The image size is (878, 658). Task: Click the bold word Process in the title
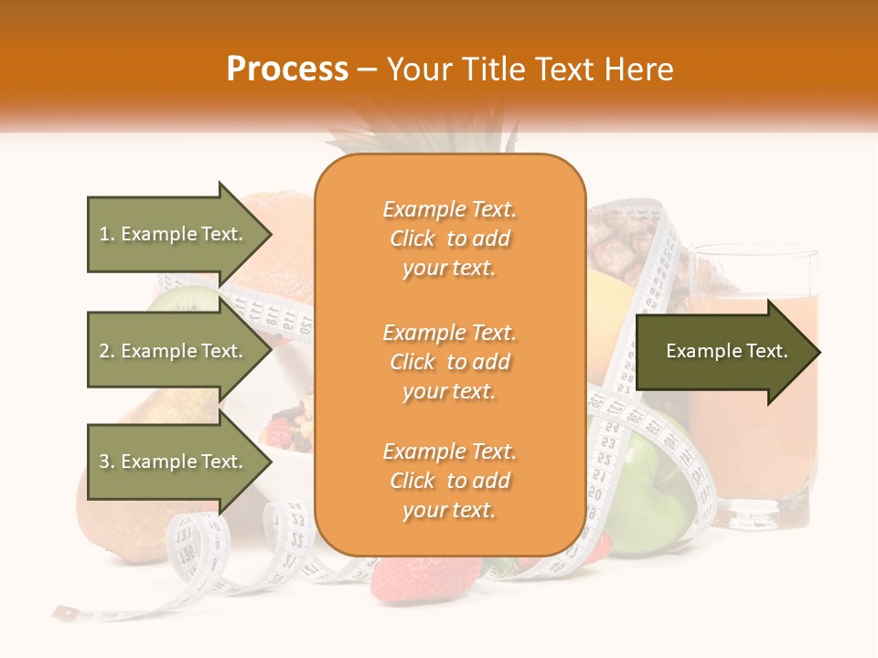(287, 69)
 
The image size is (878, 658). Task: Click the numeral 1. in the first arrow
(107, 234)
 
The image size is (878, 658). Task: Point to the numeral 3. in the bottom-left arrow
(107, 462)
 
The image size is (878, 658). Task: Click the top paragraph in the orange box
(449, 239)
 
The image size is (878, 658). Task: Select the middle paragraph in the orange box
(449, 362)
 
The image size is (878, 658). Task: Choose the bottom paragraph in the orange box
(449, 482)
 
